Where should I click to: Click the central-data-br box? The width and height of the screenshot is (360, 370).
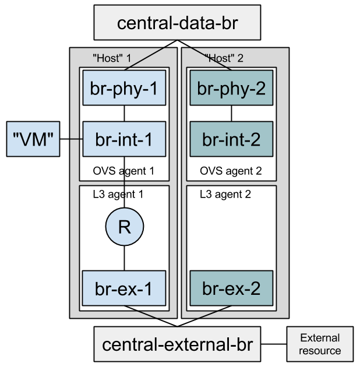178,23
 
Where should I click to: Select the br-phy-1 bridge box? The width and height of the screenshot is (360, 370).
124,89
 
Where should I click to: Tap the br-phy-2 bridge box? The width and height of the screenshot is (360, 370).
231,89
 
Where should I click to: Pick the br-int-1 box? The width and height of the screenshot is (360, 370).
124,139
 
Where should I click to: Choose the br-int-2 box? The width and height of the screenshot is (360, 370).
231,139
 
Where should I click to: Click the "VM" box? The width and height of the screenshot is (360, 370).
33,139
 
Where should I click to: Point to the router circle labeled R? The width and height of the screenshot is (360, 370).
124,227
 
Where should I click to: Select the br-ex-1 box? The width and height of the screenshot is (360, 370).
124,288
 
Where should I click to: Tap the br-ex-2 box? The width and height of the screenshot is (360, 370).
231,288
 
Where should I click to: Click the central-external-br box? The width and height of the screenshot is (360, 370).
178,344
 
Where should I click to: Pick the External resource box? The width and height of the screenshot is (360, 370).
320,344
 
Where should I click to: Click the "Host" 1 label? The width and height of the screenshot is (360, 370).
112,58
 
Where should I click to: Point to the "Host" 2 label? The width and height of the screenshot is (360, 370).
224,58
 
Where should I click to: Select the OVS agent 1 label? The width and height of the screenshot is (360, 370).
123,171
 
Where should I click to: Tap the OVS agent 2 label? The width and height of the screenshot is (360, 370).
231,171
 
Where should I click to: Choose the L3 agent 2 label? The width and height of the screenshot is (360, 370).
225,194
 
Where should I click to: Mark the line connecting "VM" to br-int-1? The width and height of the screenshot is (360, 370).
72,139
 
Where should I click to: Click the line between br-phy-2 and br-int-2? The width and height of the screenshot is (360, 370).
231,114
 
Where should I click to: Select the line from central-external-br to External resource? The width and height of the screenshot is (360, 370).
274,344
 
